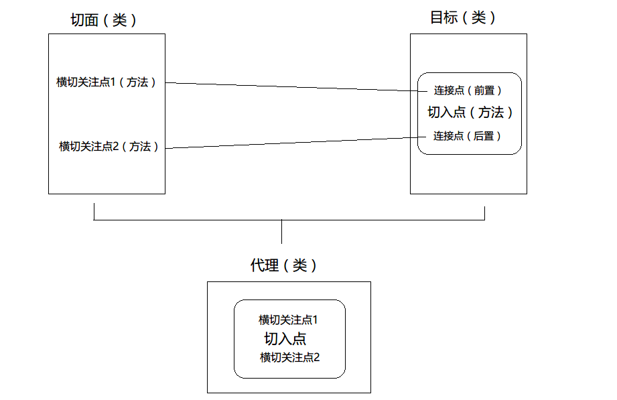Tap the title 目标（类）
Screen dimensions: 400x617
pyautogui.click(x=463, y=18)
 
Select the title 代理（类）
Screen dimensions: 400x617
pyautogui.click(x=283, y=266)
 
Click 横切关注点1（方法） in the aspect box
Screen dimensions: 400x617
pyautogui.click(x=107, y=82)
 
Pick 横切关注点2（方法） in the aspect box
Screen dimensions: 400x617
pyautogui.click(x=109, y=146)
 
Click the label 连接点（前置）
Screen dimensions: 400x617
pyautogui.click(x=468, y=90)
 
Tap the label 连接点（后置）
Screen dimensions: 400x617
pyautogui.click(x=467, y=136)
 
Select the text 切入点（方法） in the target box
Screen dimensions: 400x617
pyautogui.click(x=470, y=113)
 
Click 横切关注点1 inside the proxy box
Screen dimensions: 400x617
pyautogui.click(x=288, y=320)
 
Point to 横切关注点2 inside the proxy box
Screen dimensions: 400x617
pyautogui.click(x=290, y=357)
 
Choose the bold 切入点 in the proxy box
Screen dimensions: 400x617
pyautogui.click(x=285, y=338)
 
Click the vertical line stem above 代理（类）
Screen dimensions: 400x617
pyautogui.click(x=281, y=232)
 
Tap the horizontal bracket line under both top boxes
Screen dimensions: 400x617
pyautogui.click(x=201, y=220)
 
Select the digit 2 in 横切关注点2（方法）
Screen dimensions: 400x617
pyautogui.click(x=116, y=146)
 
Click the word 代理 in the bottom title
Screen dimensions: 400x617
pyautogui.click(x=264, y=266)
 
